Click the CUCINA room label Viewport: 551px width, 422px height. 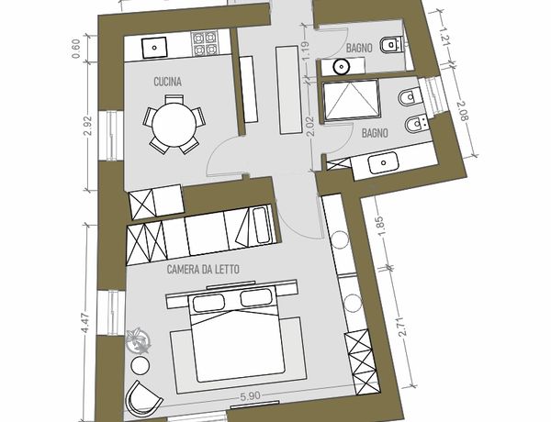point(168,82)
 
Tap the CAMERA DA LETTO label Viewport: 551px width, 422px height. point(203,270)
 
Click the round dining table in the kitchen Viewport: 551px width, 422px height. point(174,124)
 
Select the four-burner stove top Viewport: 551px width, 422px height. point(205,43)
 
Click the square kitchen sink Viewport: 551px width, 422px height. point(154,48)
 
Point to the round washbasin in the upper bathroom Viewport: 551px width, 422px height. point(341,67)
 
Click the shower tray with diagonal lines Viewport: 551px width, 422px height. point(351,100)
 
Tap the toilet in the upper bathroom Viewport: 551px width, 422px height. point(391,45)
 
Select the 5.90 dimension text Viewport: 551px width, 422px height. point(250,396)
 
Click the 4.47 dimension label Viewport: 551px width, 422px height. point(85,323)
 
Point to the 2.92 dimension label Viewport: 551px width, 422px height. point(88,126)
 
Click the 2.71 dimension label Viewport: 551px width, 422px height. point(404,327)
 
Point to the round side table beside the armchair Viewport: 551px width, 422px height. point(140,365)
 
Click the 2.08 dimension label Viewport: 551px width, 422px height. point(463,111)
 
